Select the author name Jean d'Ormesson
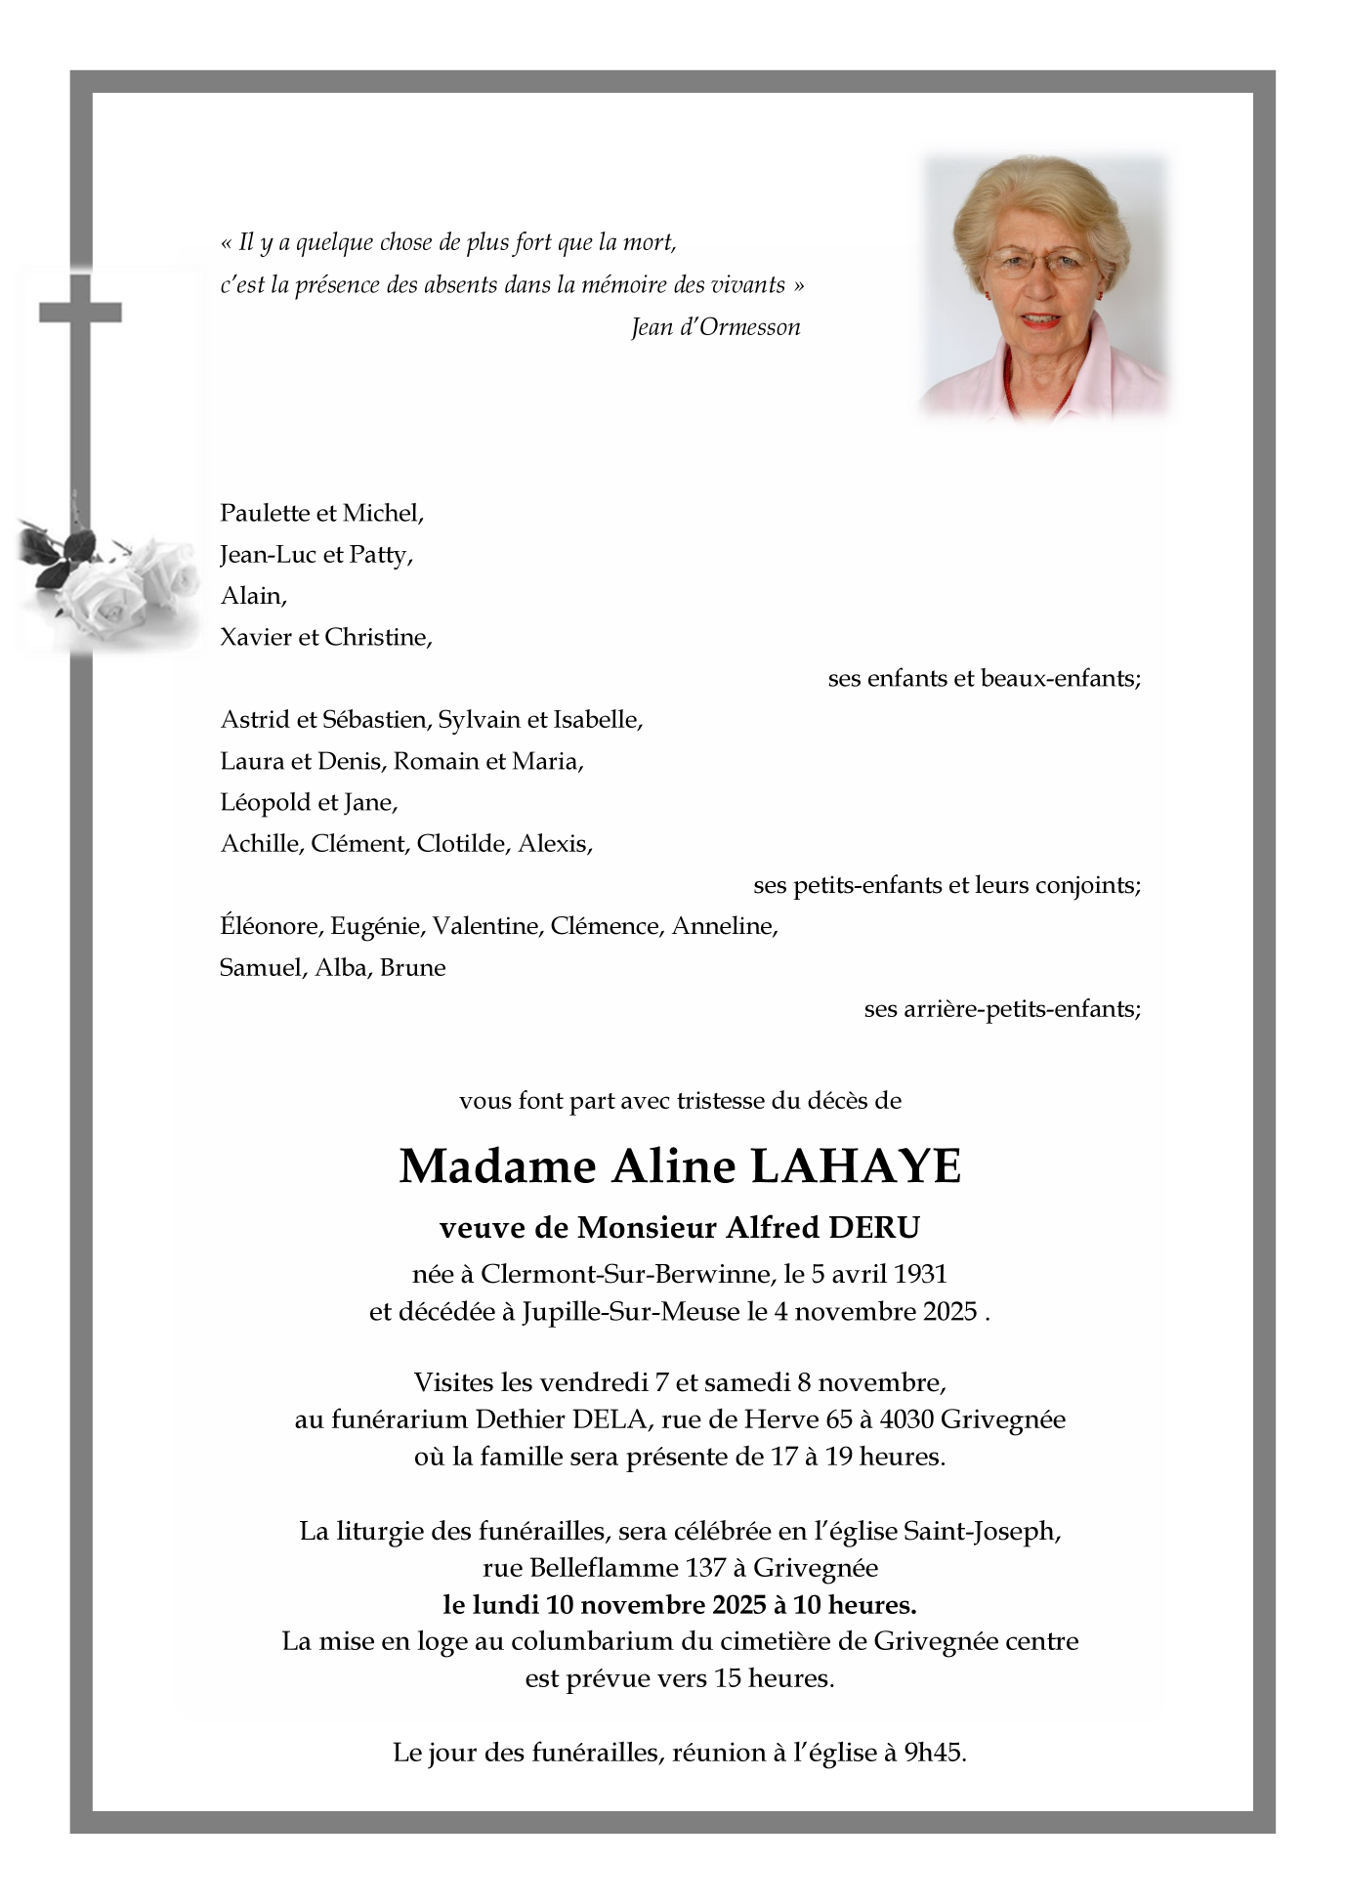(715, 327)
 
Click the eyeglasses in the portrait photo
(1038, 261)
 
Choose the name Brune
(412, 968)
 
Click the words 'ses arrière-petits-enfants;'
(1002, 1009)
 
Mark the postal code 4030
(936, 1419)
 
